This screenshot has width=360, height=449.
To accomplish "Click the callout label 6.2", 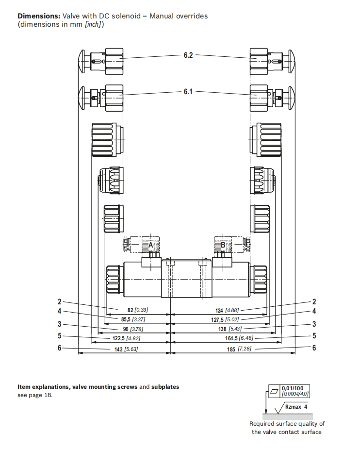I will point(188,55).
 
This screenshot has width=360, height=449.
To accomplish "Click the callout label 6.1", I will point(188,91).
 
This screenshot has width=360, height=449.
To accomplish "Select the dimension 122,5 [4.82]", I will point(127,338).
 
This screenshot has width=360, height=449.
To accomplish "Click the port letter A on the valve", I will point(151,245).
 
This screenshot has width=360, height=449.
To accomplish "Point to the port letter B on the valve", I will point(223,245).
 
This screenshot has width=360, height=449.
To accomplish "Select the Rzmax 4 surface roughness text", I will point(296,407).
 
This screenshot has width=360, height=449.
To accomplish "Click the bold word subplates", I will point(165,387).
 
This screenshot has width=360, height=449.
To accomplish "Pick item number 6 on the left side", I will point(60,348).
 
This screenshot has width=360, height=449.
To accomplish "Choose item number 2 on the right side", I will point(314,302).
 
